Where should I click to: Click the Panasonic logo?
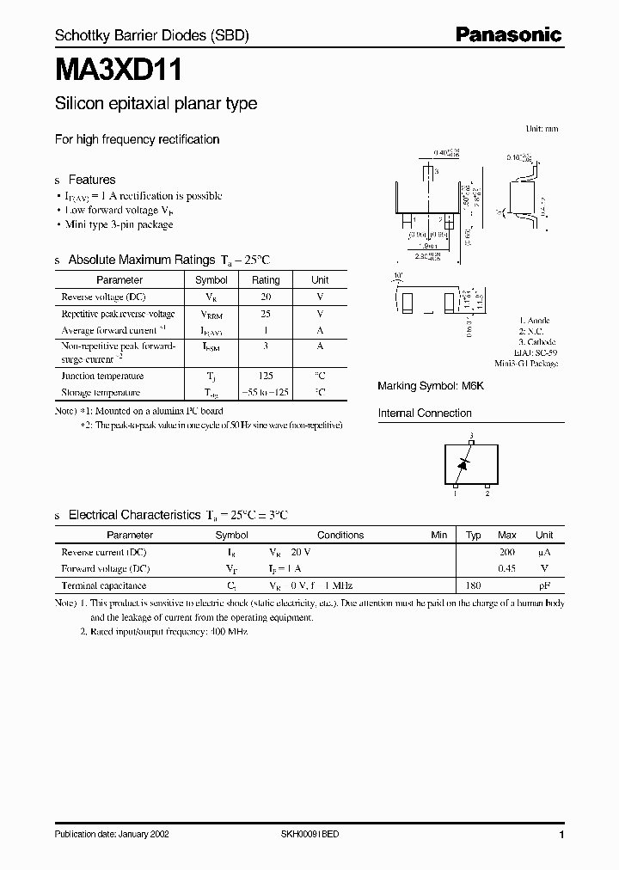508,35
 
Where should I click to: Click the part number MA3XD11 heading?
118,70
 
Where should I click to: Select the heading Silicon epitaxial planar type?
156,104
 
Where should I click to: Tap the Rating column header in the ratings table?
266,280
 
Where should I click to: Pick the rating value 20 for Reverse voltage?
266,297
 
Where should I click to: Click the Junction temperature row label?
102,376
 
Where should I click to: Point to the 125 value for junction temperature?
266,376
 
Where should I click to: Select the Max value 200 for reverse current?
507,552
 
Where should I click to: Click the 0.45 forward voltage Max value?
507,568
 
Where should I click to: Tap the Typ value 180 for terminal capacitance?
473,585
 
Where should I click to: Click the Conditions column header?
340,535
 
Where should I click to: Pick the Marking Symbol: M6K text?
431,386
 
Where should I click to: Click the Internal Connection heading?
425,414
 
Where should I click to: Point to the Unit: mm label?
542,128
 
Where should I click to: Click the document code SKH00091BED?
310,836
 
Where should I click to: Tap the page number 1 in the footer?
561,836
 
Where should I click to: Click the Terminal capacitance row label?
103,585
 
